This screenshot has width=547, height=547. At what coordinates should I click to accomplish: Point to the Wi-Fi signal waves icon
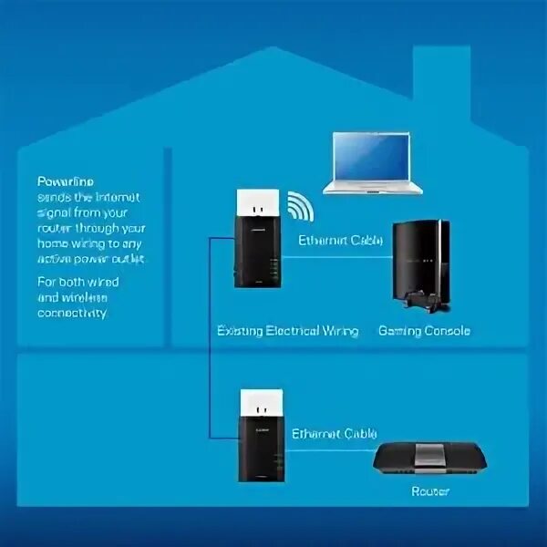pyautogui.click(x=300, y=207)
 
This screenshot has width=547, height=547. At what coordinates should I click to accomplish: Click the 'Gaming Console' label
pyautogui.click(x=424, y=331)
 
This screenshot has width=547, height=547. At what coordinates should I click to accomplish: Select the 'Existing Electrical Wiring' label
pyautogui.click(x=287, y=331)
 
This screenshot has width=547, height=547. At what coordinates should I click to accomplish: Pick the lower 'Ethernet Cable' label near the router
pyautogui.click(x=334, y=434)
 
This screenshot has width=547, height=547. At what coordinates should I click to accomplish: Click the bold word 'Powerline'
pyautogui.click(x=66, y=181)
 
